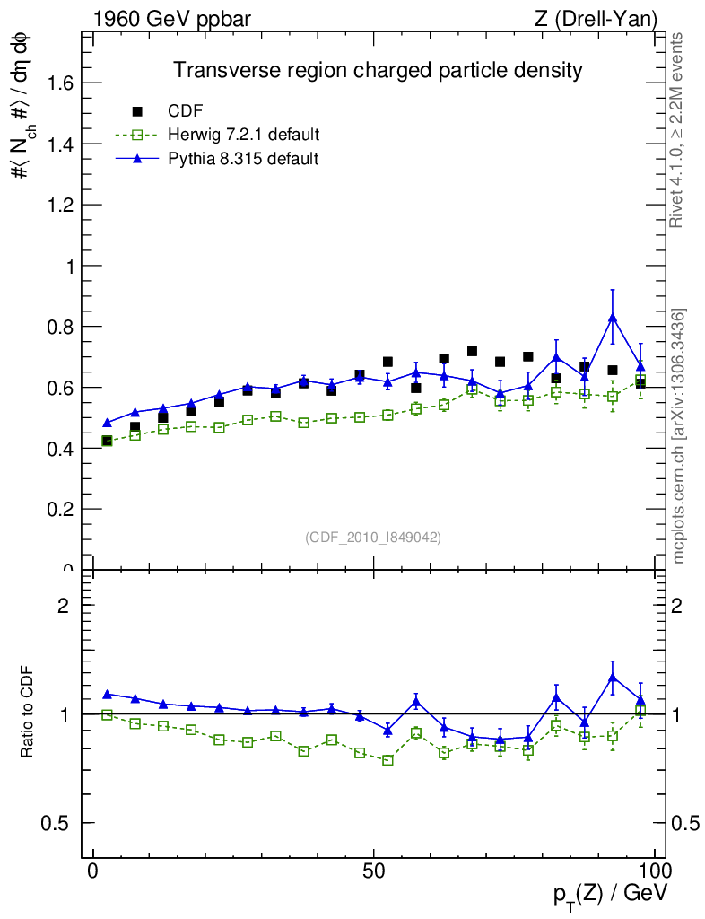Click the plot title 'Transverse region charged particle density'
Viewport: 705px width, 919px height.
378,70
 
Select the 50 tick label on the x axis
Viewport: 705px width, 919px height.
374,871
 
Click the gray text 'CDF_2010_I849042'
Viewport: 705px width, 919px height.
373,537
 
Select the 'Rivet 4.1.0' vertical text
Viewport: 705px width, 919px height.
677,130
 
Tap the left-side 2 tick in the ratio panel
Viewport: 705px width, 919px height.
64,605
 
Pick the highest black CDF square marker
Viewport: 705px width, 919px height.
472,351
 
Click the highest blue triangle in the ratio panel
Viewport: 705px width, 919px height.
613,678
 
